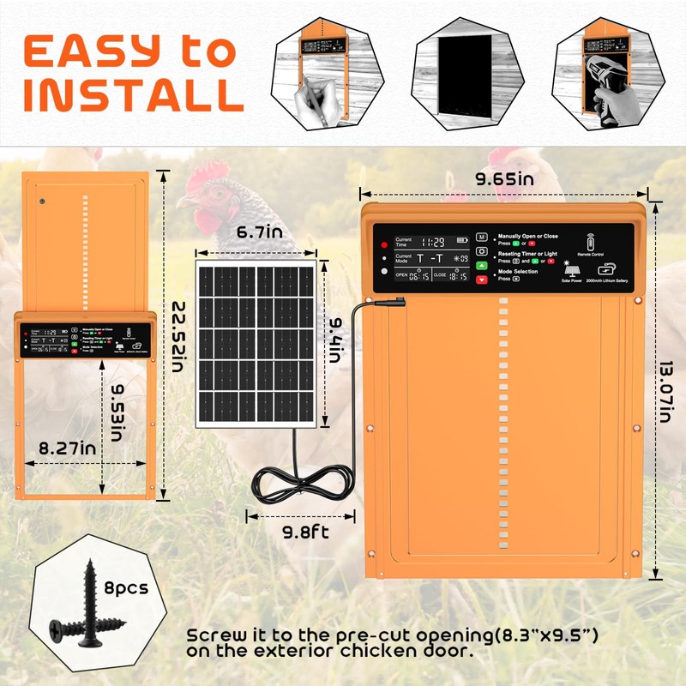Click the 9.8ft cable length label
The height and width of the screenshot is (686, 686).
[x=300, y=531]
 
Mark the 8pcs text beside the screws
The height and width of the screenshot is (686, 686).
[x=125, y=588]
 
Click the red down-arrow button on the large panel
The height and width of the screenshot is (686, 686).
[x=481, y=279]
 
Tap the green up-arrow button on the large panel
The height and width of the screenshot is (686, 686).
[x=481, y=265]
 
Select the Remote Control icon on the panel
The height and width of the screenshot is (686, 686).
[x=589, y=242]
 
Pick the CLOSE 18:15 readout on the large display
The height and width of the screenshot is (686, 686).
[x=451, y=276]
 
